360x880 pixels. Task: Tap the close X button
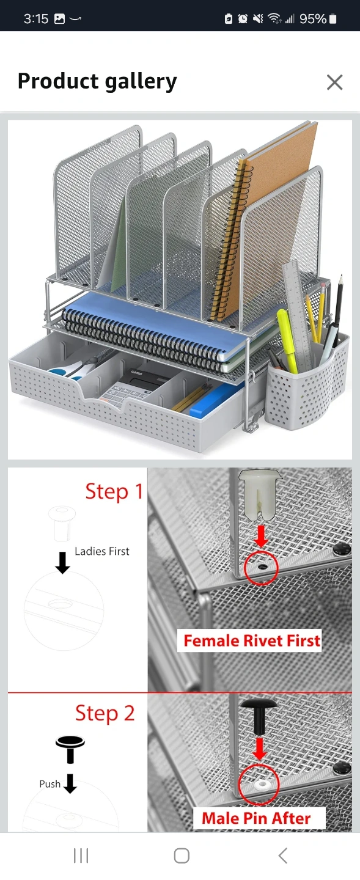[x=334, y=82]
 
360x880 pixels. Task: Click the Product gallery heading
[x=97, y=81]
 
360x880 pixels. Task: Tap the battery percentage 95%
[x=313, y=19]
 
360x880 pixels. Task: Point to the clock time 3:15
[x=36, y=18]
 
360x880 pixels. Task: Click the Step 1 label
[x=114, y=491]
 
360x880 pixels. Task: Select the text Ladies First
[x=102, y=551]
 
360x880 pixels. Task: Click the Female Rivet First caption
[x=252, y=640]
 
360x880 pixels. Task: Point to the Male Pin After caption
[x=256, y=818]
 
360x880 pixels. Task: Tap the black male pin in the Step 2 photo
[x=259, y=717]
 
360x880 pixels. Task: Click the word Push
[x=50, y=783]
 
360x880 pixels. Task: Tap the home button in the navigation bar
[x=182, y=856]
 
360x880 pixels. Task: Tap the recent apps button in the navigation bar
[x=81, y=856]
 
